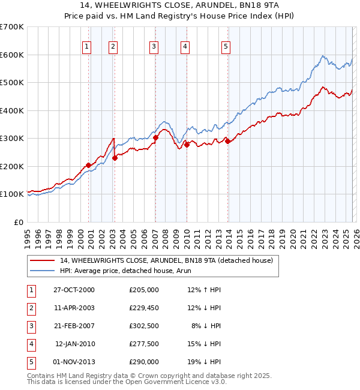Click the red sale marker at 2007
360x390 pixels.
pos(155,137)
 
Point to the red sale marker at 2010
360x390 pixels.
pos(187,145)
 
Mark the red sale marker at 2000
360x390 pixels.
pos(88,165)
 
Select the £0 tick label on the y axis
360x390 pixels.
pos(19,222)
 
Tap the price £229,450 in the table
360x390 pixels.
pos(143,307)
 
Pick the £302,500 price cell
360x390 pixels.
pos(143,325)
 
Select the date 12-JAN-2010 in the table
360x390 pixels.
pos(74,344)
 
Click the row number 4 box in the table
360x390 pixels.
pos(30,344)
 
